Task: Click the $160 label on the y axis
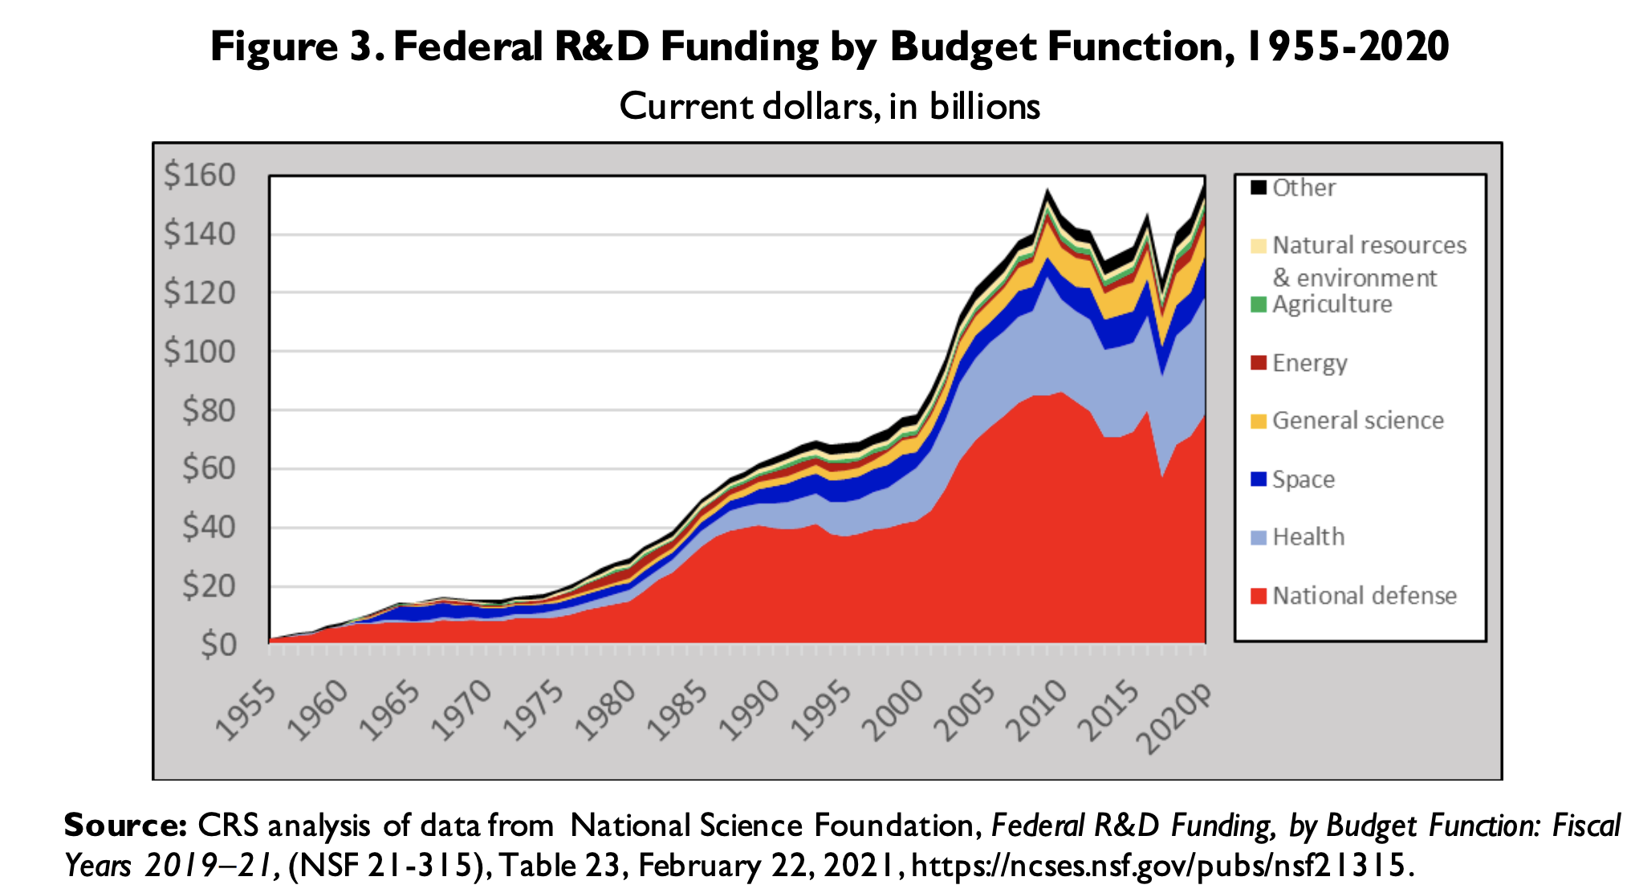(x=200, y=174)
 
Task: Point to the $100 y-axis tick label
(x=200, y=351)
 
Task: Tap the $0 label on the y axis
(x=218, y=644)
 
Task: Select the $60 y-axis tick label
(x=209, y=468)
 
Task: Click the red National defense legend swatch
(x=1259, y=596)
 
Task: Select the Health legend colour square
(x=1259, y=537)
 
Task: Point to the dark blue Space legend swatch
(x=1259, y=479)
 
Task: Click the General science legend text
(x=1358, y=421)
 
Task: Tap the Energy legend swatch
(x=1259, y=363)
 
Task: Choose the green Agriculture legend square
(x=1259, y=304)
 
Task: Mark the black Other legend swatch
(x=1259, y=188)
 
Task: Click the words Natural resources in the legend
(x=1369, y=245)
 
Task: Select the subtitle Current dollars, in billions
(x=830, y=107)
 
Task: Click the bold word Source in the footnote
(x=125, y=826)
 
